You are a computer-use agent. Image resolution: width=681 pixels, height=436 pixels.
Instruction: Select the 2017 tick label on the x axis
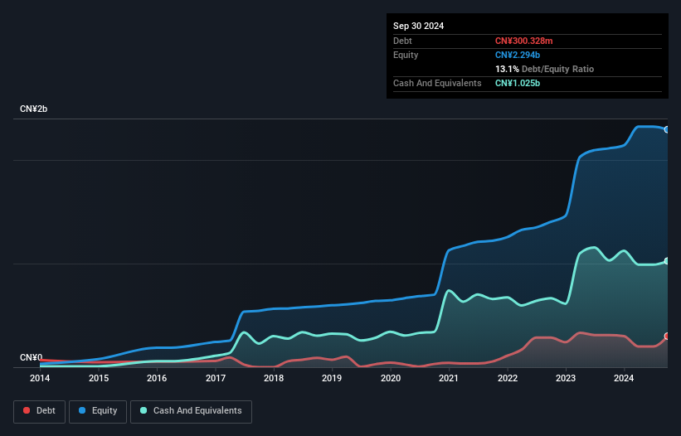tap(216, 378)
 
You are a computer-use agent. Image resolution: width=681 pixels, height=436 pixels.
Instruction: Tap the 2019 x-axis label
tap(332, 378)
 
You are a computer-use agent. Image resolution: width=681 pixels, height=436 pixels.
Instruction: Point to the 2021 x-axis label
tap(449, 378)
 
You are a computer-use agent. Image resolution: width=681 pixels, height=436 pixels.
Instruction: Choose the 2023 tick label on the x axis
tap(566, 378)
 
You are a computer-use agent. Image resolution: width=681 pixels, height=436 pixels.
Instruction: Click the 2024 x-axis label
tap(624, 378)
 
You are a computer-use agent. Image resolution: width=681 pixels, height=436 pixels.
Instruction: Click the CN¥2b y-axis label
tap(34, 109)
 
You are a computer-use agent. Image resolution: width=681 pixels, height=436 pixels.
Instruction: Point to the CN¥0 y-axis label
tap(31, 357)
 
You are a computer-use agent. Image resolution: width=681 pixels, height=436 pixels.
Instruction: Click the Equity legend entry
tap(98, 411)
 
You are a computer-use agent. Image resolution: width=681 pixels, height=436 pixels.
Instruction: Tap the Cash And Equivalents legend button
tap(191, 411)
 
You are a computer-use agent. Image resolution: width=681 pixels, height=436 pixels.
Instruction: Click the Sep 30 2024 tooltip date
tap(418, 26)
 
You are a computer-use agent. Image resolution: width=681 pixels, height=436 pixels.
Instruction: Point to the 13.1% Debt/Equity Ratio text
tap(544, 69)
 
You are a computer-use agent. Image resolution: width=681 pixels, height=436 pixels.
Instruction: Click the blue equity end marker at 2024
tap(667, 129)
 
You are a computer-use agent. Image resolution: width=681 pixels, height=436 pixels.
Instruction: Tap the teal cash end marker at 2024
tap(667, 261)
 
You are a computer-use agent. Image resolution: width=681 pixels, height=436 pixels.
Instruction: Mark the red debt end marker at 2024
tap(667, 337)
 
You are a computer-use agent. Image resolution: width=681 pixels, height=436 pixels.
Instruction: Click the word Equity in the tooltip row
tap(406, 55)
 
